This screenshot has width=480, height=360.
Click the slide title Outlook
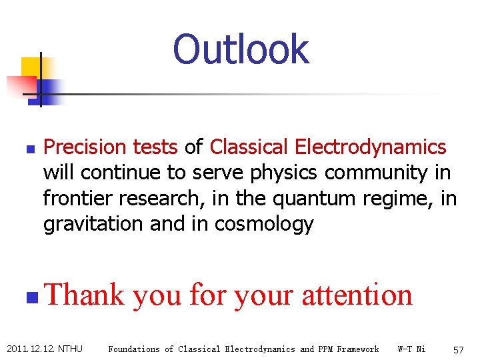241,49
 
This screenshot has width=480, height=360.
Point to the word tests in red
155,147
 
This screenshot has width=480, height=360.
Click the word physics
285,173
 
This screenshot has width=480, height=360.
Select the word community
377,173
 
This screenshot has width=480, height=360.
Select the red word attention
357,294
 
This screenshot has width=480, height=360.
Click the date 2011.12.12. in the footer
30,349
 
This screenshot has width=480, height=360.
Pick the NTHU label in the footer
71,349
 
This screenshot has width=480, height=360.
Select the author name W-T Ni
411,349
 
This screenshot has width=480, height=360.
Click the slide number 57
459,349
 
